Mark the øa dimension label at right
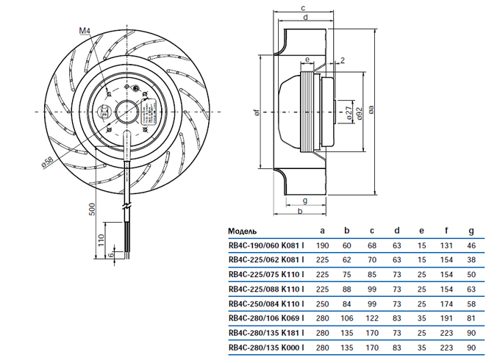372,110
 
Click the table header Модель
243,229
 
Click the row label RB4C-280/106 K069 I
267,318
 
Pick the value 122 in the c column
372,318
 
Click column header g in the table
471,229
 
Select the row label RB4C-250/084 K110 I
267,303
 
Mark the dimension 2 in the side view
343,60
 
